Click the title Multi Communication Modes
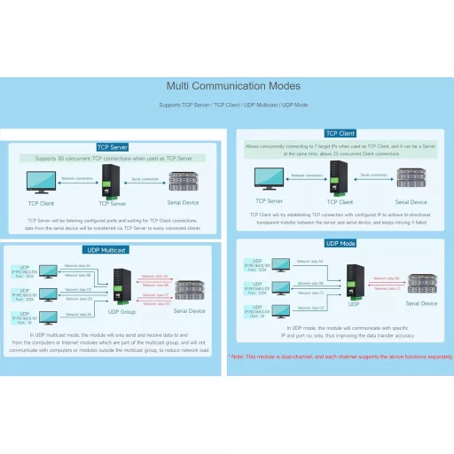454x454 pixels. pos(233,86)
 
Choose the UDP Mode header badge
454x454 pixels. pos(340,243)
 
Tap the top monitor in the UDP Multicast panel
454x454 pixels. pos(49,269)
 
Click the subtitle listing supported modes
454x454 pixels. pos(233,106)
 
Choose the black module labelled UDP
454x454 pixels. pos(353,283)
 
